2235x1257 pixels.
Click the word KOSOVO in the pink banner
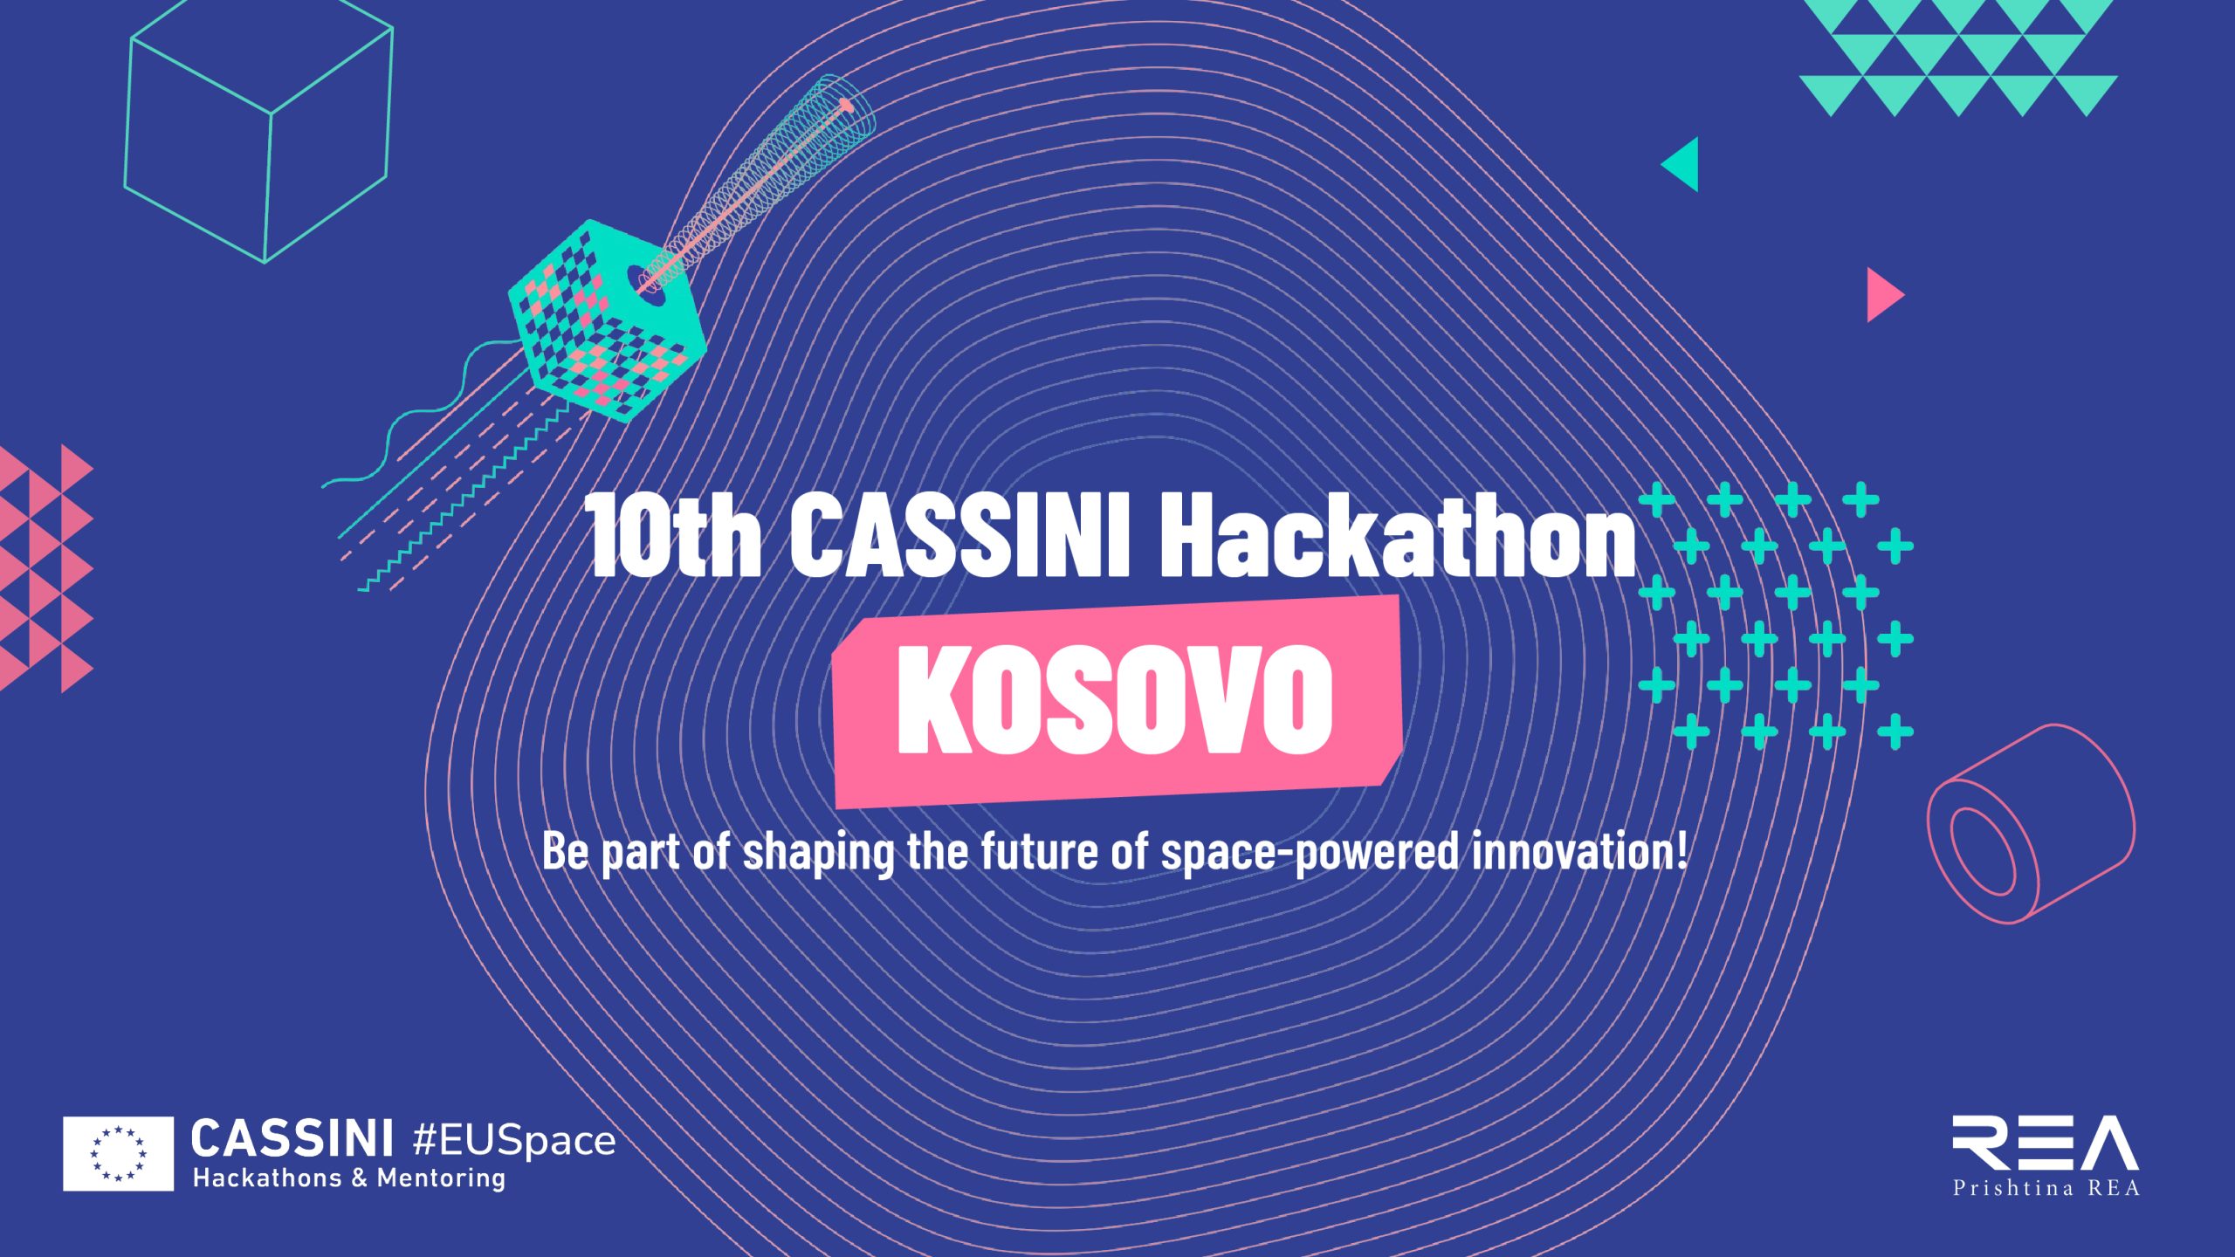pos(1115,700)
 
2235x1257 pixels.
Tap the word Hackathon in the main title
pos(1398,534)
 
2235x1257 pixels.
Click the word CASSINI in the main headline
pos(960,534)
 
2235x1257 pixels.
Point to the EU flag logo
pos(118,1153)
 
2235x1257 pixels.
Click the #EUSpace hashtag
pos(513,1141)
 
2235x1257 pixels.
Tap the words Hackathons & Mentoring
pos(349,1178)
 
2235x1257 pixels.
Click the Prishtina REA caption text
pos(2046,1187)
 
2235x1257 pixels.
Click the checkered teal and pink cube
pos(607,321)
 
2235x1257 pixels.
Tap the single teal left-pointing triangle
pos(1681,164)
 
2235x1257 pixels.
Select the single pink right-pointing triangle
pos(1885,295)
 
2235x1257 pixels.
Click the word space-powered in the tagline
pos(1309,852)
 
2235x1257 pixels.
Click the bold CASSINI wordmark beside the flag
pos(292,1139)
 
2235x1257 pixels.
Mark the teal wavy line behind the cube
pos(419,419)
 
